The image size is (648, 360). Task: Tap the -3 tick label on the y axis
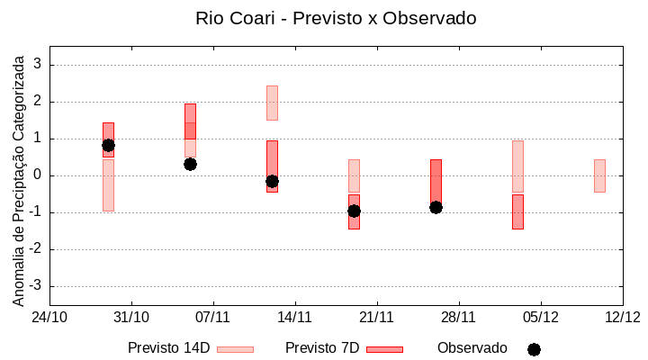[36, 286]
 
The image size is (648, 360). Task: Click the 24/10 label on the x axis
[49, 317]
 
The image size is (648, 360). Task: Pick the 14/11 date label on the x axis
[294, 317]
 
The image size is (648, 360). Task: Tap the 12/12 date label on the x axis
[622, 317]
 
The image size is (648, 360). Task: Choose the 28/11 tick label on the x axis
[458, 317]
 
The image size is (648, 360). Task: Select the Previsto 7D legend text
[322, 348]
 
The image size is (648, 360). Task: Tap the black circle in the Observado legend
[534, 349]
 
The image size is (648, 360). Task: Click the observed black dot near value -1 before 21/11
[354, 211]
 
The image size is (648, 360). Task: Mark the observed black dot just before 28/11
[436, 207]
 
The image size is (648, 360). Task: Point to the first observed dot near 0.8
[108, 145]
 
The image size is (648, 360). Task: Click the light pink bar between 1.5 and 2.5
[272, 103]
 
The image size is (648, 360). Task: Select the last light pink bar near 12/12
[599, 175]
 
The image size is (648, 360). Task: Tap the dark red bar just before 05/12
[517, 211]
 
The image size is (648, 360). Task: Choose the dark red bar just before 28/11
[436, 180]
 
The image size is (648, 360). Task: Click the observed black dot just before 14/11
[272, 181]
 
